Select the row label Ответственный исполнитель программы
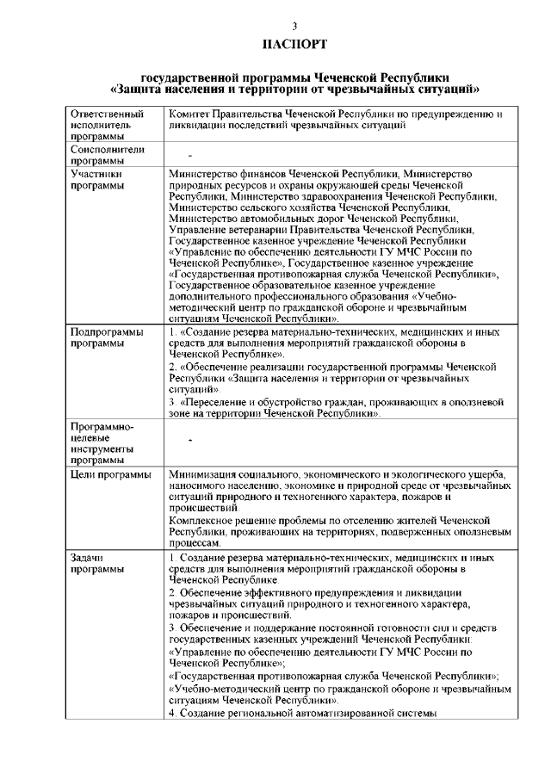[x=107, y=125]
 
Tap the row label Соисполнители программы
[x=106, y=154]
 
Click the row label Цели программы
[x=111, y=474]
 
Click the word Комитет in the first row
[x=193, y=114]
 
